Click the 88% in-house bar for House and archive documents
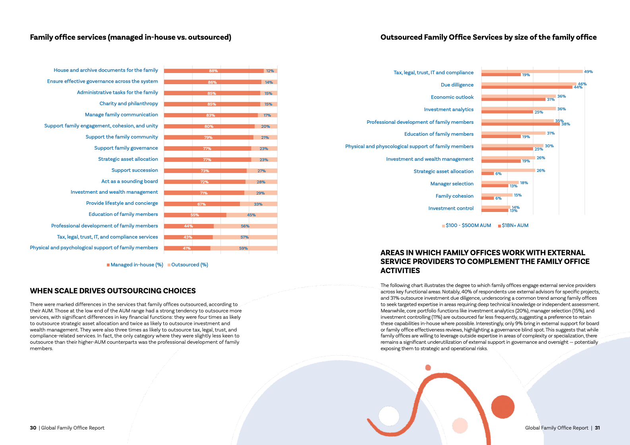click(x=214, y=71)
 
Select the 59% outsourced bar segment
click(x=243, y=248)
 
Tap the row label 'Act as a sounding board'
click(x=129, y=181)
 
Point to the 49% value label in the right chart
click(x=588, y=72)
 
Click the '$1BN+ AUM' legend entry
click(x=515, y=225)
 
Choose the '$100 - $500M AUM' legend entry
click(x=468, y=225)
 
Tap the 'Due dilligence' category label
click(x=457, y=85)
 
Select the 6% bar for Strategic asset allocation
click(x=487, y=173)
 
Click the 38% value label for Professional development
click(x=566, y=124)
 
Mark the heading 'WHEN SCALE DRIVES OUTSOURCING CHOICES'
click(x=113, y=291)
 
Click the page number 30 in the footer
click(x=33, y=428)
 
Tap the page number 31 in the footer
click(x=597, y=428)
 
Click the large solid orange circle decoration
click(x=502, y=407)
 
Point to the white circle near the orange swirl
click(x=388, y=416)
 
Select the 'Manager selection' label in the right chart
click(x=452, y=184)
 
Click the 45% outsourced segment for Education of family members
click(x=251, y=215)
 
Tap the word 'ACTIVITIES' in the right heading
click(x=400, y=271)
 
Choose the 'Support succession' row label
click(x=135, y=170)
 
